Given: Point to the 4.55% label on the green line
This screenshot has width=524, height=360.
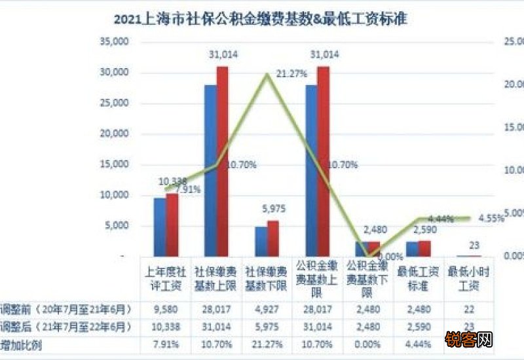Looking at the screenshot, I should coord(491,217).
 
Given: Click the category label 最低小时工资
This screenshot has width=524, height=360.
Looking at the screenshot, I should coord(466,276).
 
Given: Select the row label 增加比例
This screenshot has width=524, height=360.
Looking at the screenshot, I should coord(23,344).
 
